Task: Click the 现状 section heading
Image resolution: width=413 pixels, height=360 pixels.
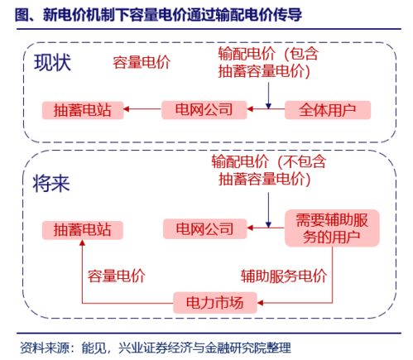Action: (52, 63)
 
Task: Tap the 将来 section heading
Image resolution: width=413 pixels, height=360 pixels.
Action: (51, 184)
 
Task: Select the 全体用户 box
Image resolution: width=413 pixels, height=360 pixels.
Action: (328, 110)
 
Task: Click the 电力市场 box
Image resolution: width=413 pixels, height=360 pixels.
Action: (215, 303)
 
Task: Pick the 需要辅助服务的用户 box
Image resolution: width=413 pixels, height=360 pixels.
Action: (332, 228)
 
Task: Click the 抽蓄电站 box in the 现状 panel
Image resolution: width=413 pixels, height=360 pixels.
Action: (83, 110)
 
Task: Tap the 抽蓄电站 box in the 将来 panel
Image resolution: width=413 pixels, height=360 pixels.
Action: (83, 230)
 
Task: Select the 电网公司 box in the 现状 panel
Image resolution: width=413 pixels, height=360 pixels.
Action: (204, 110)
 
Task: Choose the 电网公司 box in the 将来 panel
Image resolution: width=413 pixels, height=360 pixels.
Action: (204, 228)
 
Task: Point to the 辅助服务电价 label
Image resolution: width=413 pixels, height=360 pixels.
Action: (284, 276)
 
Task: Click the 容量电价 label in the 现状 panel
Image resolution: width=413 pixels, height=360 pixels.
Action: (142, 62)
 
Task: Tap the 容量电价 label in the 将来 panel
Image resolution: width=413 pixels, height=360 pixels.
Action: (117, 276)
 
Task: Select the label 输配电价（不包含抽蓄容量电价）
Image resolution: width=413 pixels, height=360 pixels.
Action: (268, 170)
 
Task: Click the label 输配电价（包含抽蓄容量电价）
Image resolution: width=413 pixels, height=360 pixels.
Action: (268, 62)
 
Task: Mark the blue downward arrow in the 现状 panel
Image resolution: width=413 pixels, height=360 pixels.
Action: (268, 95)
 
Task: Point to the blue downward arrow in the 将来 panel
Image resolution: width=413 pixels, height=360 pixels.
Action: (268, 209)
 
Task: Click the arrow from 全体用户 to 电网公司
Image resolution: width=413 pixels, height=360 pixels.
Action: (266, 109)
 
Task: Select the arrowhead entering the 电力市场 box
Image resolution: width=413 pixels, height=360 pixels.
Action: (260, 303)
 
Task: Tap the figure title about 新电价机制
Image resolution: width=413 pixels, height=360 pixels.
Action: (158, 14)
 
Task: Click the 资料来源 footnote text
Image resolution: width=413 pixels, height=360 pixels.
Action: (156, 348)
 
